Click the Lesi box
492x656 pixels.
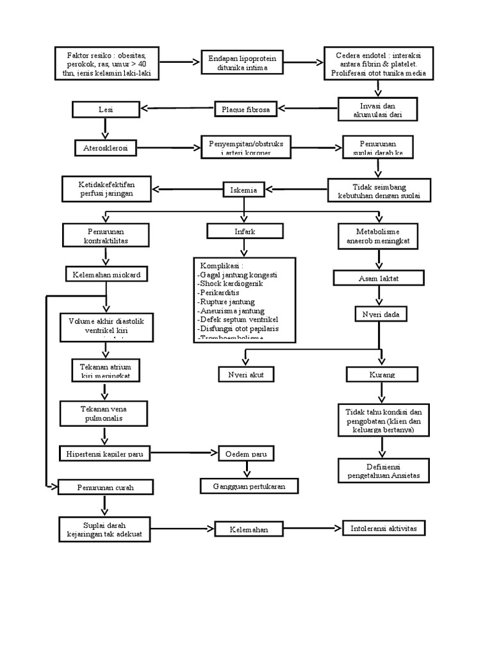click(105, 110)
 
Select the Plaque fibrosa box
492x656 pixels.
click(245, 110)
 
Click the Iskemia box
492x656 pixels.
click(243, 189)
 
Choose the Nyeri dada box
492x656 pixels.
click(381, 315)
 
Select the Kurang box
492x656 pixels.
click(382, 374)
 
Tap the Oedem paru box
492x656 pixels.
click(247, 454)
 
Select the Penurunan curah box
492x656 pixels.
click(106, 488)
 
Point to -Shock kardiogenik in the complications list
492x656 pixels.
click(231, 283)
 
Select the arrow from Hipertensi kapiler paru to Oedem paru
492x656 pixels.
click(185, 454)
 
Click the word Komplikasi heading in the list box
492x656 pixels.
click(222, 265)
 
